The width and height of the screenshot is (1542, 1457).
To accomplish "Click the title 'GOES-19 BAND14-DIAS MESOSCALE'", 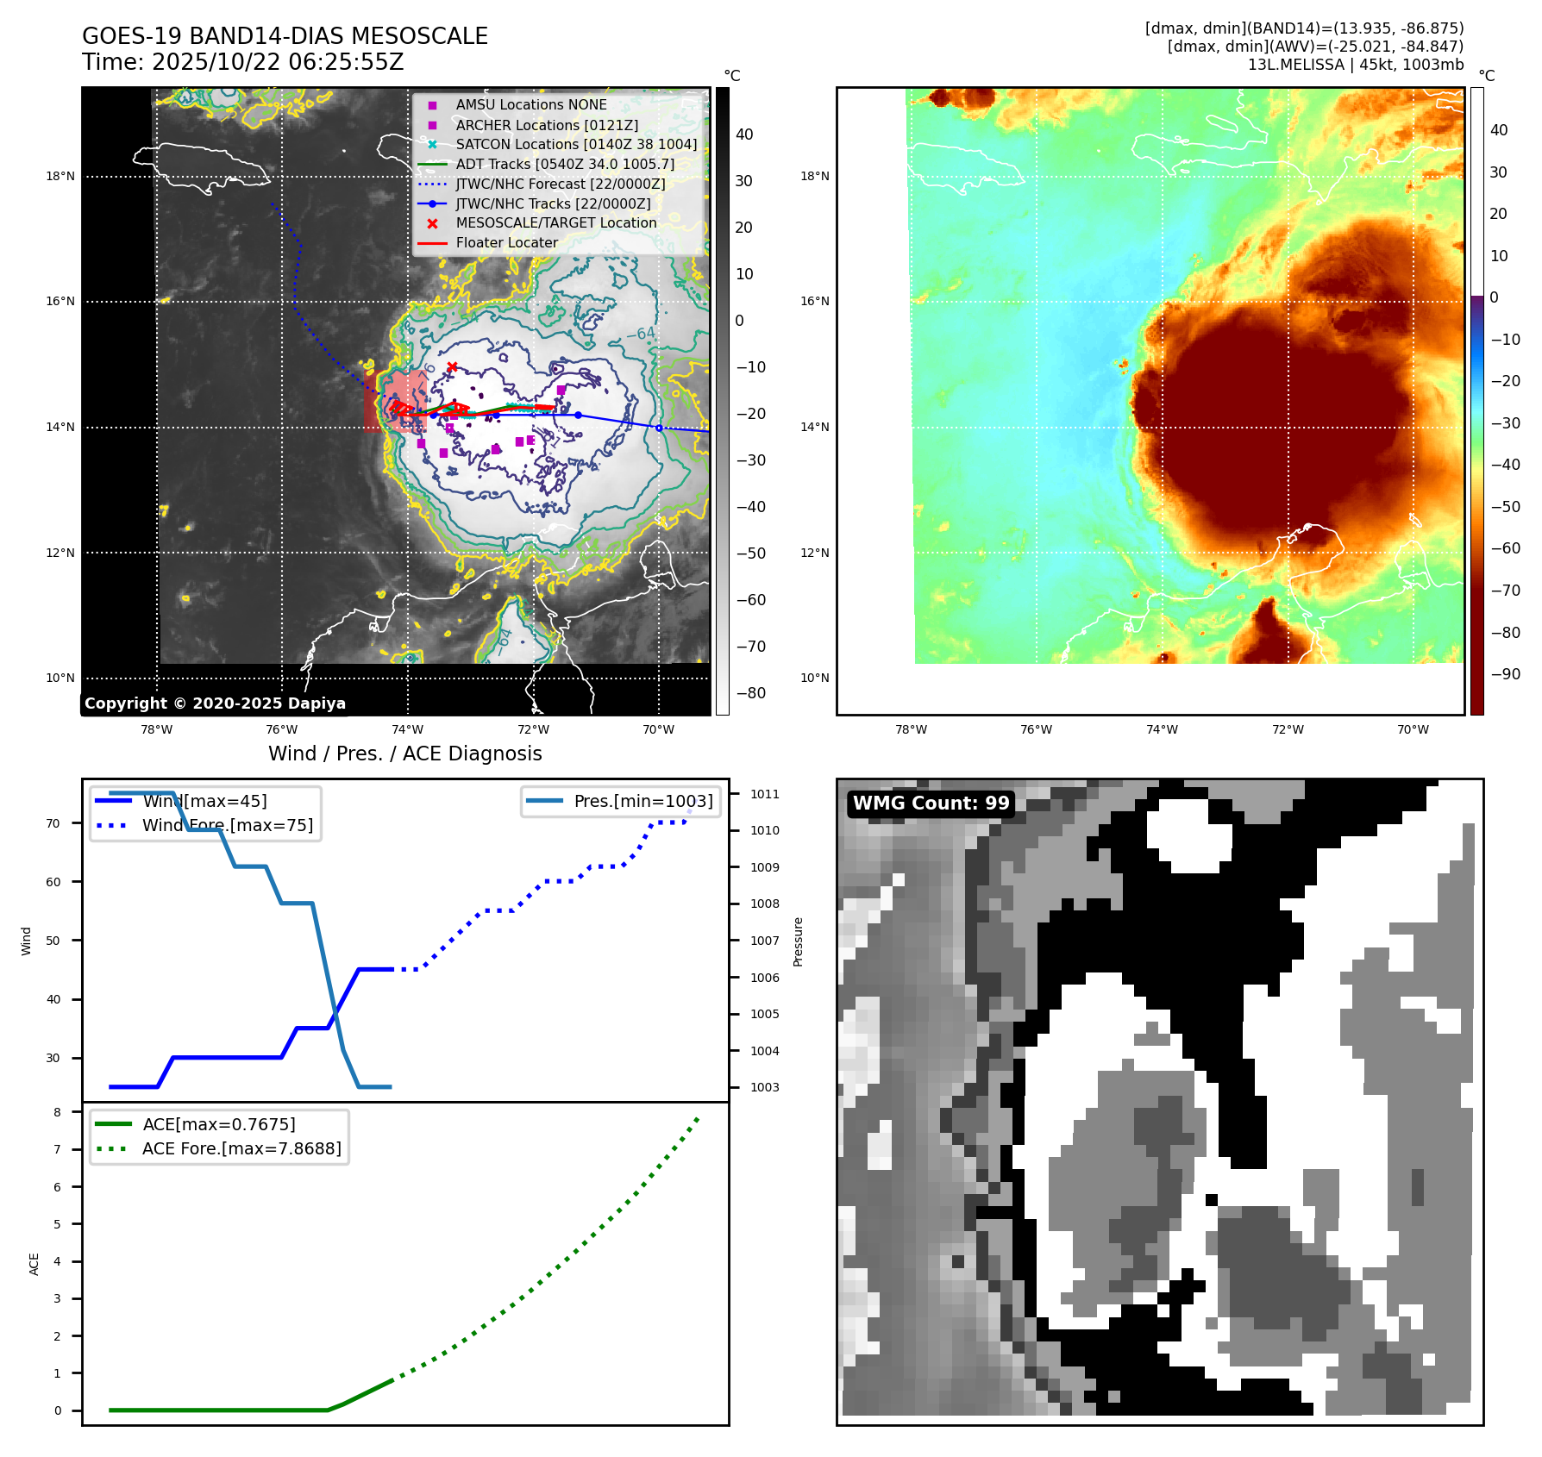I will click(x=285, y=36).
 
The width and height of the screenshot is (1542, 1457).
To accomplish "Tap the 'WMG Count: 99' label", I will click(x=931, y=804).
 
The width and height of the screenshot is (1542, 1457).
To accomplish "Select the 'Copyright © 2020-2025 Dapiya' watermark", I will click(x=215, y=703).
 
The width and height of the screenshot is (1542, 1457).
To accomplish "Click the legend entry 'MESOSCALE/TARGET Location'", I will click(x=555, y=222).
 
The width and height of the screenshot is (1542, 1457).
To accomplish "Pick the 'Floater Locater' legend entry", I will click(x=506, y=242).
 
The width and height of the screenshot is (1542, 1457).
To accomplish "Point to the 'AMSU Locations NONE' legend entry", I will click(x=530, y=104).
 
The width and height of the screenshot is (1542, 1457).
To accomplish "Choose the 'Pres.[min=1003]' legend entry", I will click(x=642, y=801).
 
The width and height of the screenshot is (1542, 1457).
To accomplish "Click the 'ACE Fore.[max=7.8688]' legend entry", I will click(x=241, y=1148).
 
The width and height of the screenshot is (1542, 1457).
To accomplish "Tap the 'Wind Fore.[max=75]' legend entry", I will click(x=227, y=825).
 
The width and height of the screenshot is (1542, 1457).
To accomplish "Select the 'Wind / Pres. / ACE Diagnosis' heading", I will click(x=405, y=754).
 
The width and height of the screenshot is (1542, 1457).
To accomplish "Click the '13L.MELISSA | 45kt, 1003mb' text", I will click(x=1355, y=65).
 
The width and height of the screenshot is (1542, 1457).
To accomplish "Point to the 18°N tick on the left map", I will click(x=60, y=177).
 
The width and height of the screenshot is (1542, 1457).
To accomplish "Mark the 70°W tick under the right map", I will click(x=1413, y=729).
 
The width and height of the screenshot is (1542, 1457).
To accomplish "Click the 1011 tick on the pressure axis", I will click(x=764, y=794).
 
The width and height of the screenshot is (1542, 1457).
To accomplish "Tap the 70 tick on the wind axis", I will click(x=53, y=823).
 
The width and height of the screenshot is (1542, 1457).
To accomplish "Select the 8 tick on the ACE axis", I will click(x=58, y=1112).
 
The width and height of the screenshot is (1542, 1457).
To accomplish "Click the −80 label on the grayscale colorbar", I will click(x=750, y=693).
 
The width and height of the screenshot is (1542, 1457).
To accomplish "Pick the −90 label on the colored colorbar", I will click(x=1505, y=674).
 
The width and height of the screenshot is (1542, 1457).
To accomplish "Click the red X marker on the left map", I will click(x=452, y=367).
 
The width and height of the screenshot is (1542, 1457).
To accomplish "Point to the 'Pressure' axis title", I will click(x=798, y=941).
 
